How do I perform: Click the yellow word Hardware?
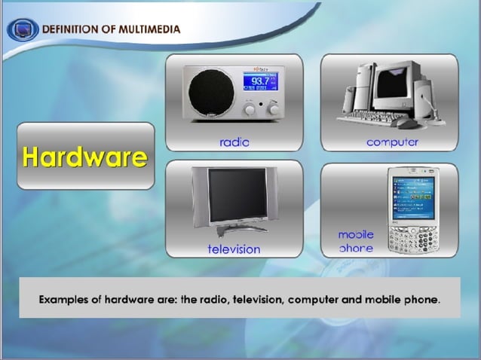point(84,157)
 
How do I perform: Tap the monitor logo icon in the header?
point(23,30)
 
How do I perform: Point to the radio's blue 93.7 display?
point(260,82)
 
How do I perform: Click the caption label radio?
point(234,141)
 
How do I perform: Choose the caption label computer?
point(392,141)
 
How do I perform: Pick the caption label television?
point(234,249)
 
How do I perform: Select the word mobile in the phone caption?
point(356,235)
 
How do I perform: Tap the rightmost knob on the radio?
point(274,109)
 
